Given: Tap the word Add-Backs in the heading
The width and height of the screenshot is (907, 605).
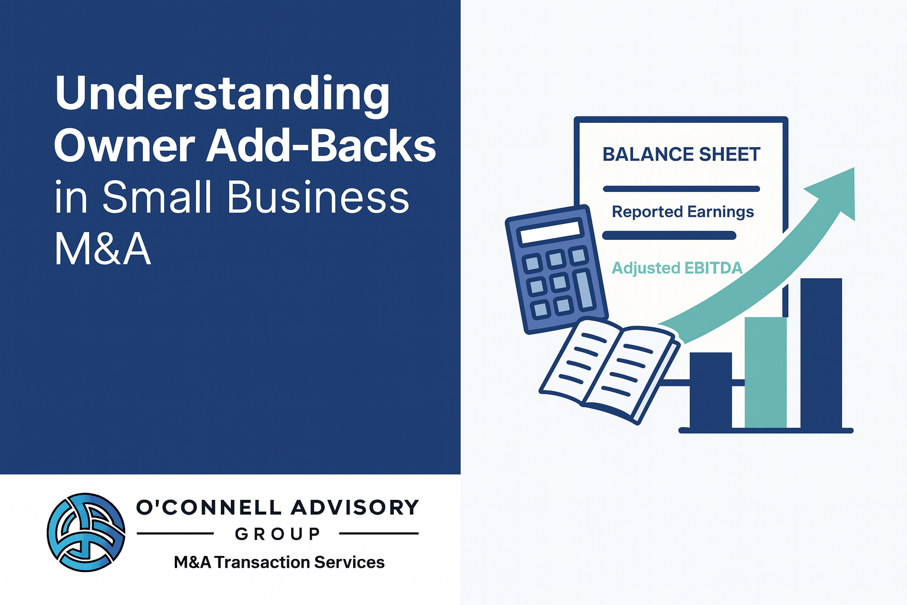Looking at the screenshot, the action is [x=321, y=145].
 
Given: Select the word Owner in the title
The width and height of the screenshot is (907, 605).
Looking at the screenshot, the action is [x=125, y=145].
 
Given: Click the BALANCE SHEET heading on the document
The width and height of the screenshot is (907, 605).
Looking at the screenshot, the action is [x=681, y=154].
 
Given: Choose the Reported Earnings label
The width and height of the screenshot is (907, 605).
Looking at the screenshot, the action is [x=683, y=212].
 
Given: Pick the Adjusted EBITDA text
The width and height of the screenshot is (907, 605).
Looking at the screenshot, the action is [x=677, y=268].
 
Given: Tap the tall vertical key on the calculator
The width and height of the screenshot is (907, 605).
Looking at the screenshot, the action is [x=585, y=290].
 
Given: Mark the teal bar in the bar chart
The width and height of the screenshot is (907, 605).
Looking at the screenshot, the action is [x=765, y=372].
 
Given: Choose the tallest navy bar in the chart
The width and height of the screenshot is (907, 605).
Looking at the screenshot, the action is [x=821, y=353].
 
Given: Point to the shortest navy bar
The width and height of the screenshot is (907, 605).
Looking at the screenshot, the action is [x=710, y=390].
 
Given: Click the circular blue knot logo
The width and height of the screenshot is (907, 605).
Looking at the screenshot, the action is [x=86, y=532].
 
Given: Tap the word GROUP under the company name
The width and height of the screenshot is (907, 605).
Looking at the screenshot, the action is [x=278, y=534].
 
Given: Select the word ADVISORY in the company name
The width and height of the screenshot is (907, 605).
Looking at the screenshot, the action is [x=355, y=508].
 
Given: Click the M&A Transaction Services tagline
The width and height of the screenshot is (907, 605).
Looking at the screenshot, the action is [x=279, y=562].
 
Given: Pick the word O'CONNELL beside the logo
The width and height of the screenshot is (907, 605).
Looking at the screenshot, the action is [x=208, y=508].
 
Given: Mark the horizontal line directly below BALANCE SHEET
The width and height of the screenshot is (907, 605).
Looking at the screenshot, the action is [x=681, y=188].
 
